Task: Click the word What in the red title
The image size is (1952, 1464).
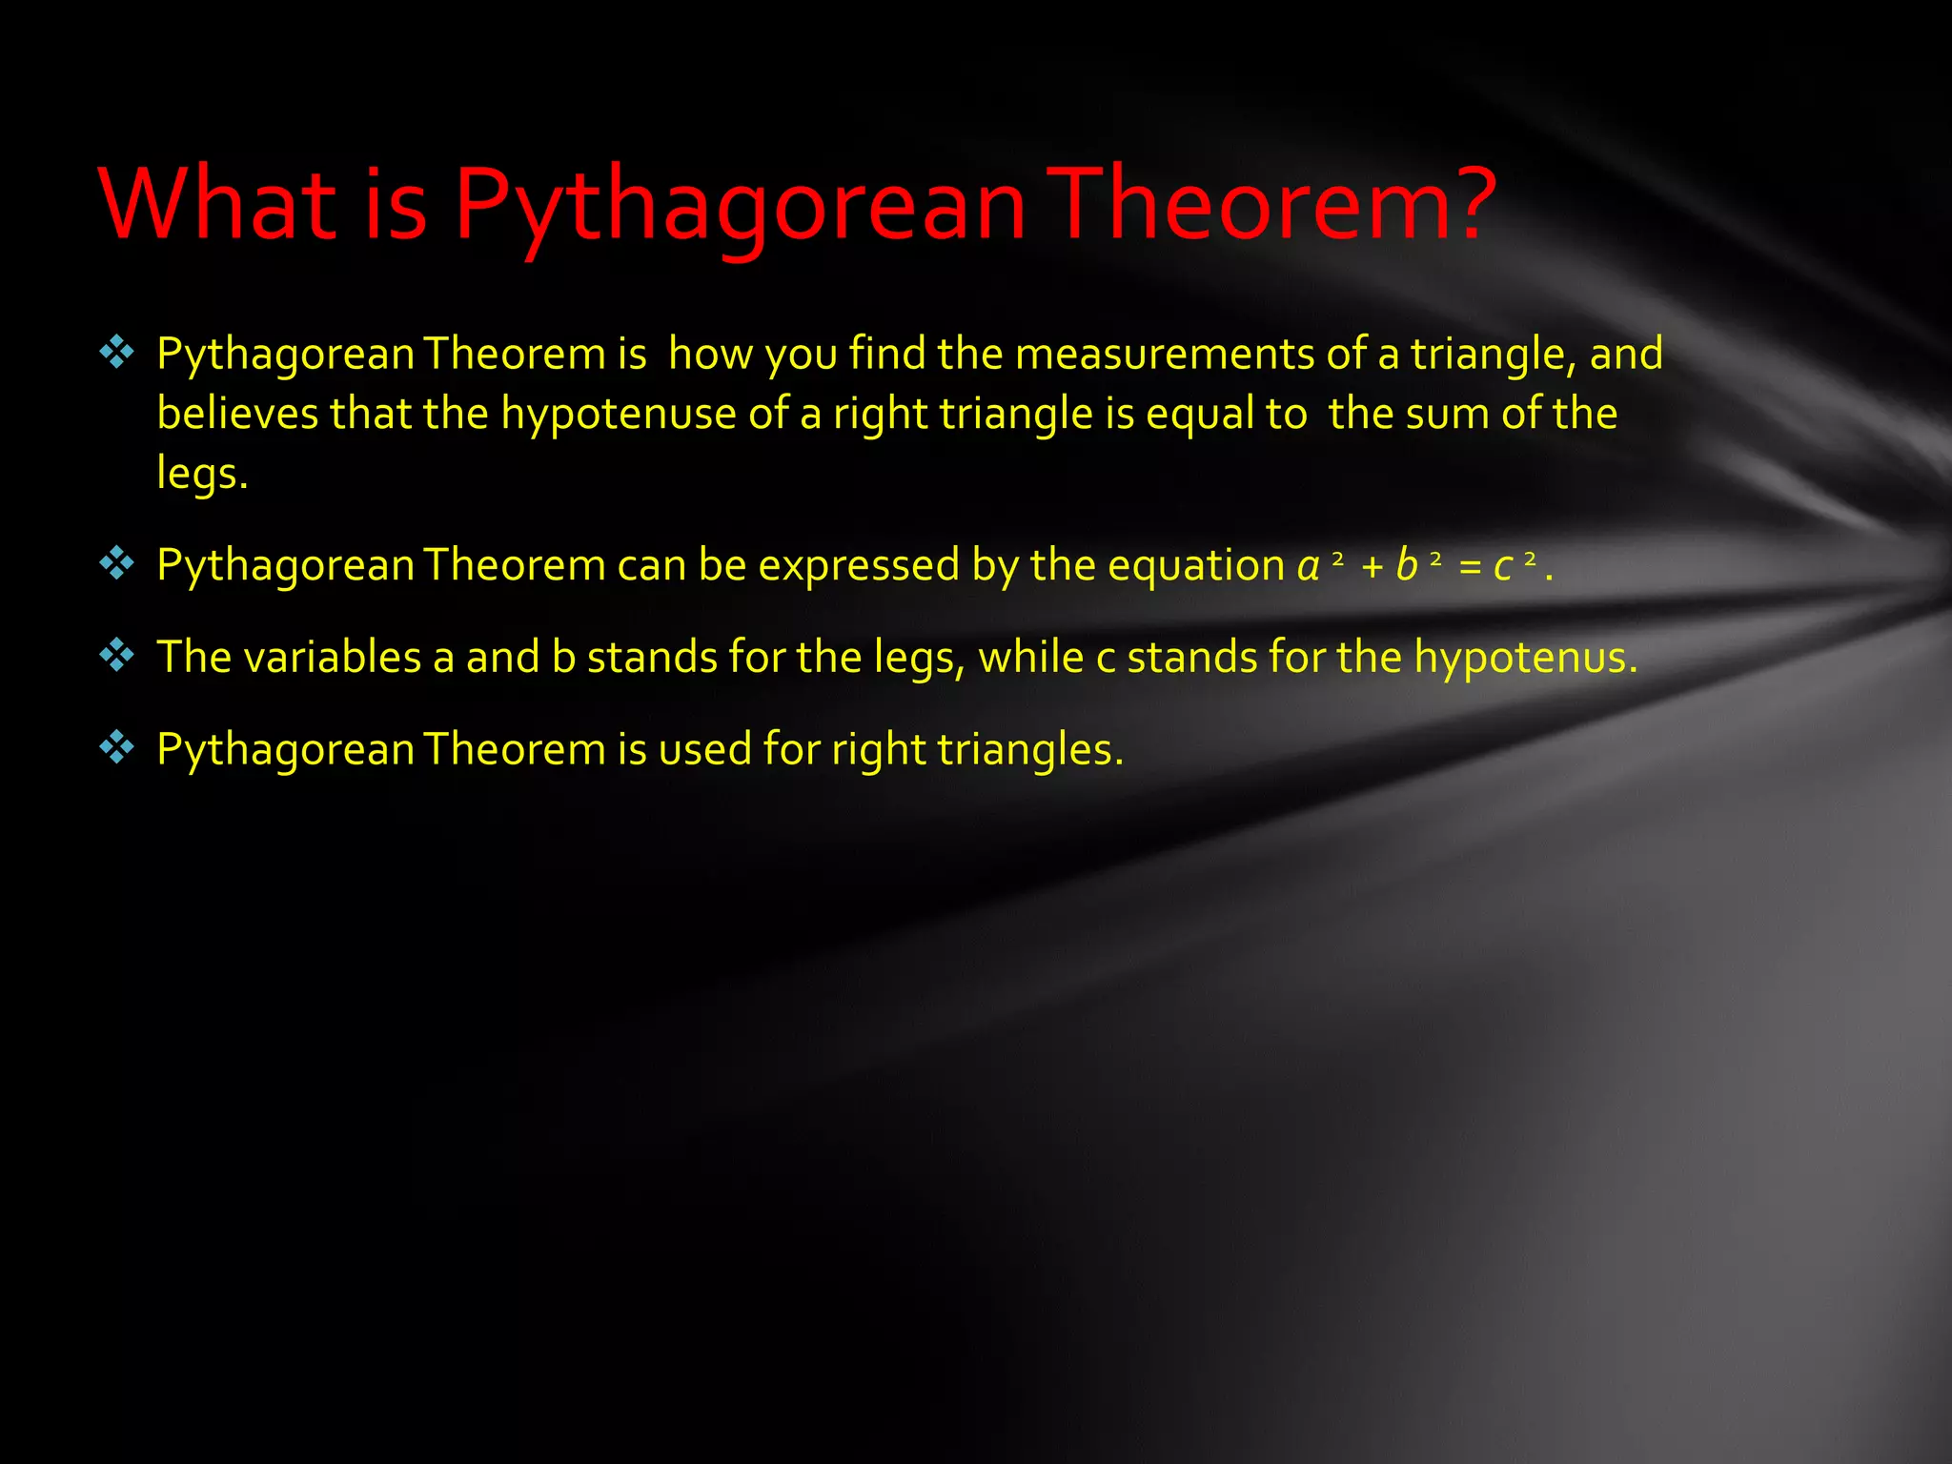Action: click(216, 203)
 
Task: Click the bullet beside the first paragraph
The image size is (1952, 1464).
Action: click(116, 353)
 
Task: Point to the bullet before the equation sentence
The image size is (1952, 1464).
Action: click(116, 564)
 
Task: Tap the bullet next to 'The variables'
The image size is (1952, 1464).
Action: click(116, 656)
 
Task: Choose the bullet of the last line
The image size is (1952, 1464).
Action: click(116, 748)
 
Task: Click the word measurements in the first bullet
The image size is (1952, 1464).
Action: click(1165, 354)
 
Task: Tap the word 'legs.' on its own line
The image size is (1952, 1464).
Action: click(202, 474)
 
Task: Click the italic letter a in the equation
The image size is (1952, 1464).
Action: click(1309, 565)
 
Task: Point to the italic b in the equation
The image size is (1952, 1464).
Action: click(1406, 565)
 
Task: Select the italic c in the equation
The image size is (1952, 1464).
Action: click(1503, 567)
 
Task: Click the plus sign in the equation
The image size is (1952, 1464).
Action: click(1372, 567)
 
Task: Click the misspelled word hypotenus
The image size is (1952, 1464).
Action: click(1525, 658)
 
